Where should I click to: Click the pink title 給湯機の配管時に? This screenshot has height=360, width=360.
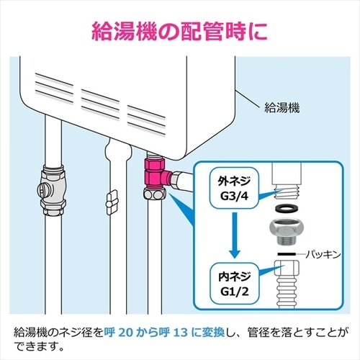(x=180, y=31)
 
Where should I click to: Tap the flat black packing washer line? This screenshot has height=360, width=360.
(x=287, y=254)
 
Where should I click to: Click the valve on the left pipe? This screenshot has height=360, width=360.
(x=50, y=192)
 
